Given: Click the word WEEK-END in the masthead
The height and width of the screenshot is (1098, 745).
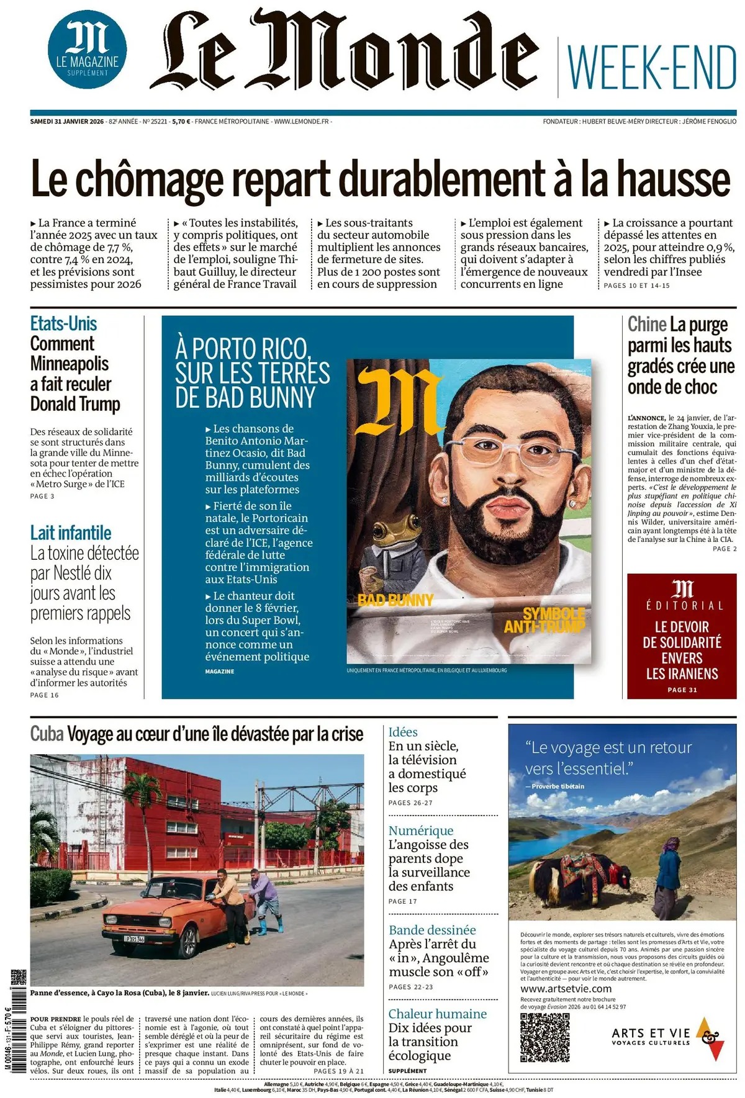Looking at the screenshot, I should [x=651, y=67].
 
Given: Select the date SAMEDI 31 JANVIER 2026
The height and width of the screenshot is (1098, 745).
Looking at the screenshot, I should [x=66, y=122].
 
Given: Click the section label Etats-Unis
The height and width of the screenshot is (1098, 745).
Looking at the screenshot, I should [x=63, y=323].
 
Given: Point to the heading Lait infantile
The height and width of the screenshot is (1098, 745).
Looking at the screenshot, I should [x=71, y=533].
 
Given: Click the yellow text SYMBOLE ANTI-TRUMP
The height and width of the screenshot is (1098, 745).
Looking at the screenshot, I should [x=545, y=620].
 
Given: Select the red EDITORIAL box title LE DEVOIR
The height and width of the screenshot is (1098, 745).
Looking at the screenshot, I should [x=682, y=627].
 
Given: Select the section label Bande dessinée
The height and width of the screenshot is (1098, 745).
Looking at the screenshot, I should [x=432, y=930].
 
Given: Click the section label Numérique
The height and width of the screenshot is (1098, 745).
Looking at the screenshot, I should [x=421, y=830].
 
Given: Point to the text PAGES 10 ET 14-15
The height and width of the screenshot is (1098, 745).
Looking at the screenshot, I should [x=637, y=286].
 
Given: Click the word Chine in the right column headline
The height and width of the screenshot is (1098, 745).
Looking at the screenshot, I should [x=646, y=324].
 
